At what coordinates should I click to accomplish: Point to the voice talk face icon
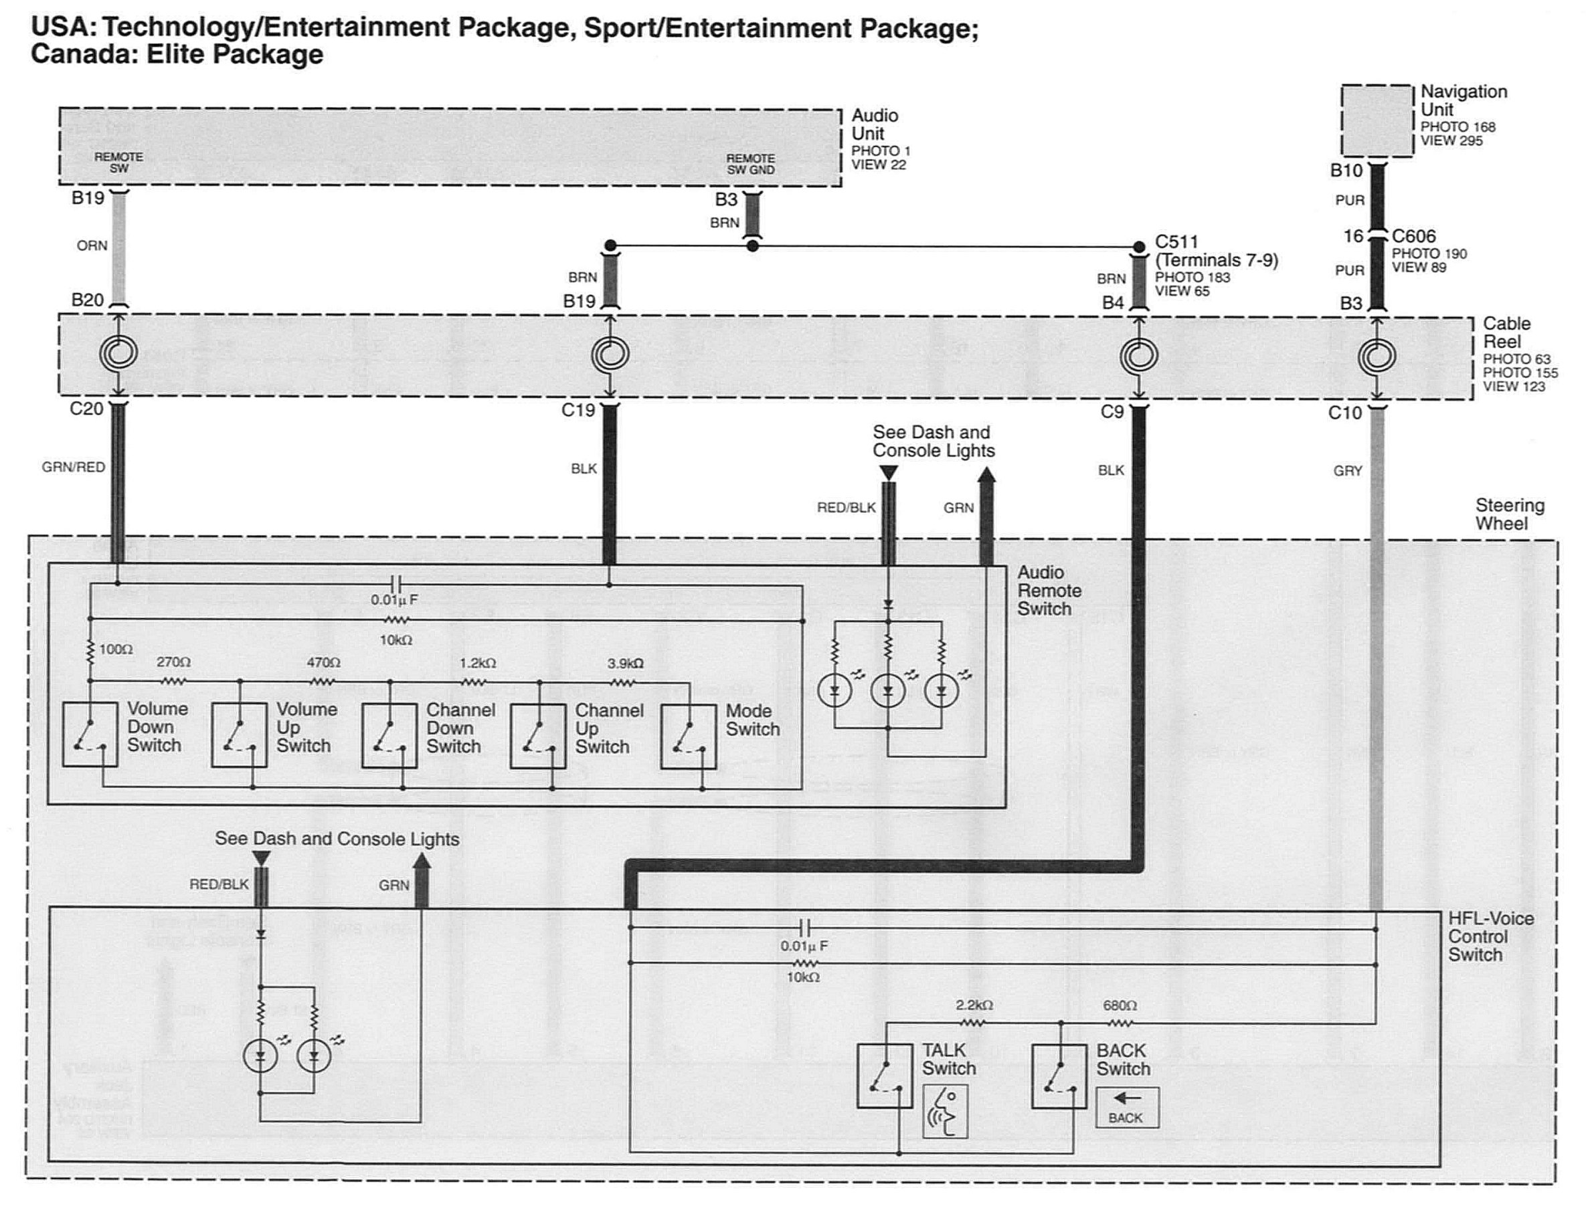point(946,1111)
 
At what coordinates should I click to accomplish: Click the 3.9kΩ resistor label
point(626,664)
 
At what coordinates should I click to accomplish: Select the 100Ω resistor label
point(116,649)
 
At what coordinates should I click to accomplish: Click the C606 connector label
point(1413,236)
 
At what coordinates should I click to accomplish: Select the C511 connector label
point(1176,242)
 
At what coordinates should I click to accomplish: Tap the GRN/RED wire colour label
point(73,468)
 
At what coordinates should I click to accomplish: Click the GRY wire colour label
point(1348,471)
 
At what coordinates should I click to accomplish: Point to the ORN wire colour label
point(92,245)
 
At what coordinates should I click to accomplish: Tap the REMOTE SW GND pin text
point(751,165)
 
